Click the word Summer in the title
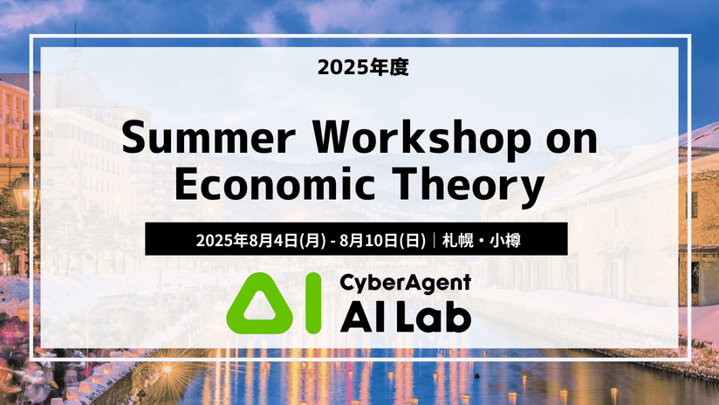click(x=209, y=138)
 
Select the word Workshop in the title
click(x=421, y=138)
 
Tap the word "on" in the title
click(x=572, y=140)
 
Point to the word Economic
click(x=275, y=184)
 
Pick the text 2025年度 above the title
click(x=363, y=67)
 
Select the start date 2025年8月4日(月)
click(x=261, y=240)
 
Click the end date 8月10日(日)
click(x=382, y=240)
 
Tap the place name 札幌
click(x=457, y=240)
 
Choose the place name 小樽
click(x=505, y=240)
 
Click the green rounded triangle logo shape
click(x=260, y=303)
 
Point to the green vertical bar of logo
click(x=313, y=303)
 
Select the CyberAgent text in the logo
click(x=406, y=283)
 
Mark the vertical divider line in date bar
click(x=434, y=240)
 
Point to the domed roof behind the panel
click(x=79, y=87)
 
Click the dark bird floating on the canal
click(x=477, y=375)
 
